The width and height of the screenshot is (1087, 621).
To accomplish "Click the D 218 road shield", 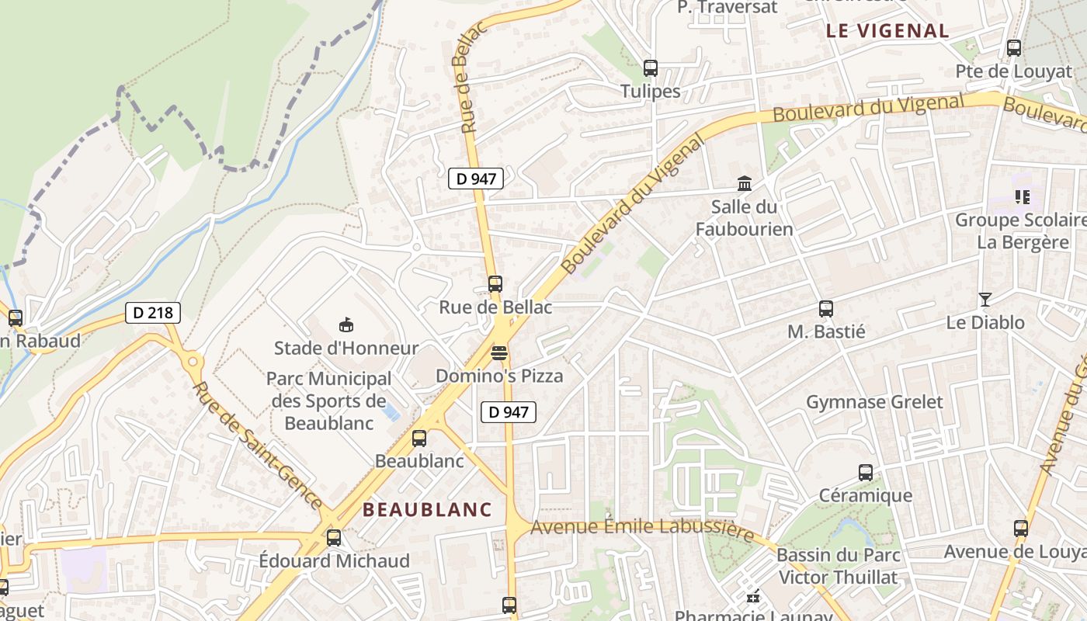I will click(x=153, y=313).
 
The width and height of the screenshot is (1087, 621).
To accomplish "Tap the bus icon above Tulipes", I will click(x=651, y=68).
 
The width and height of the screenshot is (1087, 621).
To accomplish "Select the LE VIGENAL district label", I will click(x=887, y=31).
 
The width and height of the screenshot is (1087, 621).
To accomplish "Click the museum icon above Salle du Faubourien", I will click(x=745, y=184).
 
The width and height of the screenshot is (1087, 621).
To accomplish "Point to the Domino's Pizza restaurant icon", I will click(x=499, y=354).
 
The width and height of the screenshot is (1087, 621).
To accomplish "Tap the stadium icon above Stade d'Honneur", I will click(x=346, y=325).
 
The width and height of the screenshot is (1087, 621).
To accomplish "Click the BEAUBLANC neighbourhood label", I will click(x=427, y=510).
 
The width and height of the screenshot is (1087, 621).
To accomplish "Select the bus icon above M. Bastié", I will click(x=826, y=309).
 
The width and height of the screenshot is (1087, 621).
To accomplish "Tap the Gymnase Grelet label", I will click(x=874, y=402).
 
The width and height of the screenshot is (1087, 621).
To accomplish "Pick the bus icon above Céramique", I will click(x=866, y=472).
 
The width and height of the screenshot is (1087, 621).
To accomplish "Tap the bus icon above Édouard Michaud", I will click(x=334, y=537).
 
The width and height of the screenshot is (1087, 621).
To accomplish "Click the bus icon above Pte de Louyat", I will click(x=1014, y=48).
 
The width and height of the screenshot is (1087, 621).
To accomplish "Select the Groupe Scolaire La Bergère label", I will click(x=1020, y=231).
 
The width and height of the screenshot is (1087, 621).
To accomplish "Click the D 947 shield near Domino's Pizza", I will click(x=509, y=412).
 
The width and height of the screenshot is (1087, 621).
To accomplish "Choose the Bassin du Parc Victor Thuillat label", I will click(x=838, y=566).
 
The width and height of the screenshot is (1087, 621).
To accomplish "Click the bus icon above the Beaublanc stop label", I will click(x=419, y=439).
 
